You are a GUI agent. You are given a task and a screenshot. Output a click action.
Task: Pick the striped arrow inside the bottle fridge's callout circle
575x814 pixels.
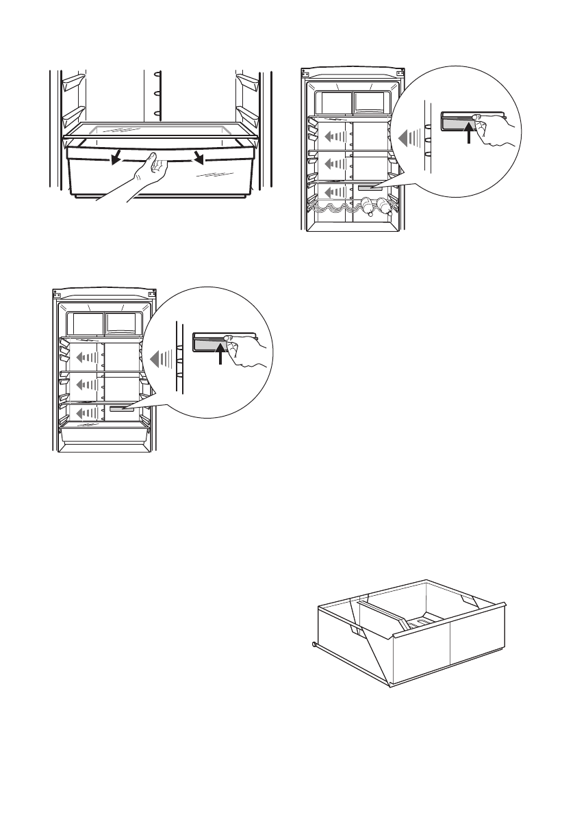pyautogui.click(x=410, y=139)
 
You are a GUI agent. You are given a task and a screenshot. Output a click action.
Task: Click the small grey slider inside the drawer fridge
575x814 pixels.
pyautogui.click(x=121, y=408)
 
